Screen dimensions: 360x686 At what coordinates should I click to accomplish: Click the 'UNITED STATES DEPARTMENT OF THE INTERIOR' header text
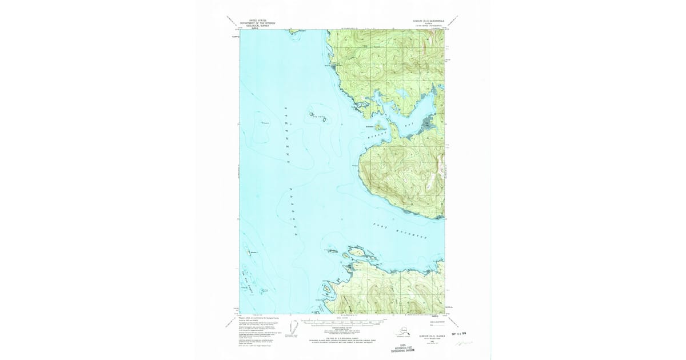(257, 23)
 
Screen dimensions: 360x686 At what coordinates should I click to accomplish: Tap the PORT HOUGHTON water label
(408, 232)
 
